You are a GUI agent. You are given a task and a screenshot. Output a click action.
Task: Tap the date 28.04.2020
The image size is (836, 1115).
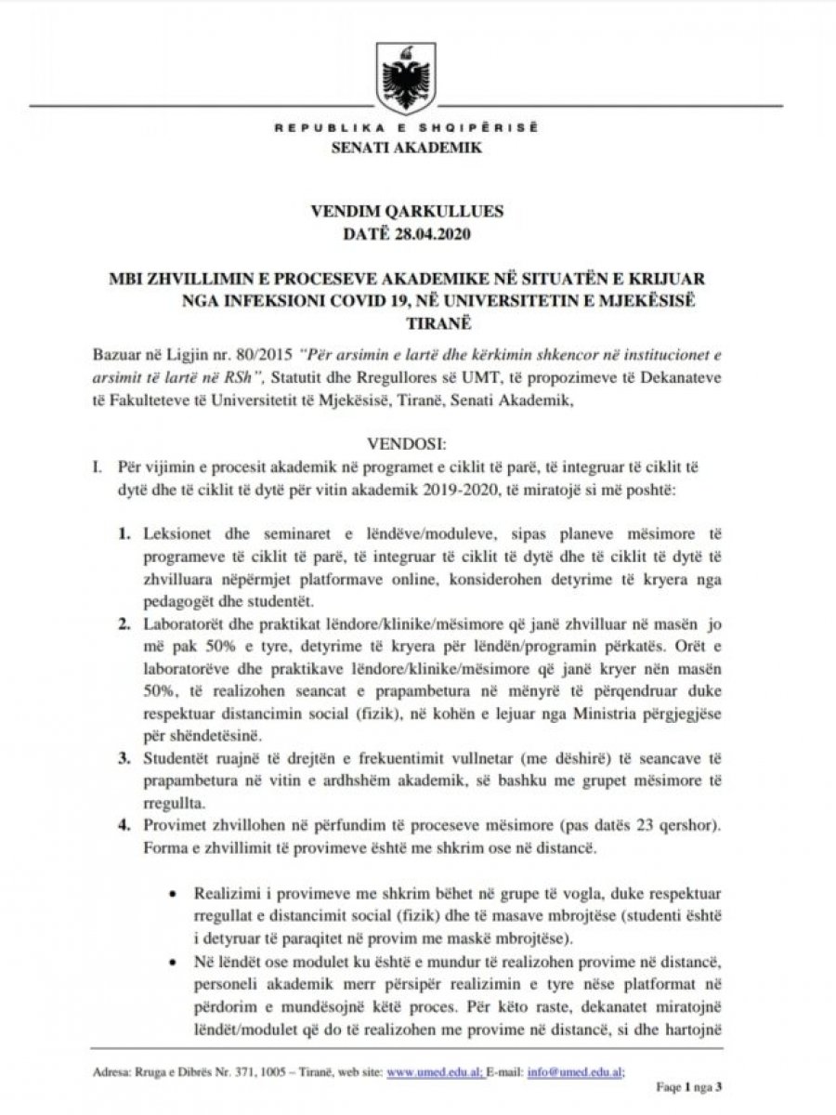[x=434, y=233]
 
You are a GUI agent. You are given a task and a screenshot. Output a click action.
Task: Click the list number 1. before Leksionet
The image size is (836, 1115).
[x=124, y=536]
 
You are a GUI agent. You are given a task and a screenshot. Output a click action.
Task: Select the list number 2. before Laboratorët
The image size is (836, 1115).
[x=124, y=622]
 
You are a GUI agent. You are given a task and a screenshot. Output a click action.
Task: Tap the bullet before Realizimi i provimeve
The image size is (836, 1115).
[x=173, y=891]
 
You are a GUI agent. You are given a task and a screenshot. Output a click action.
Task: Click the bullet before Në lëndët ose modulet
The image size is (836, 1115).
[x=173, y=958]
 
